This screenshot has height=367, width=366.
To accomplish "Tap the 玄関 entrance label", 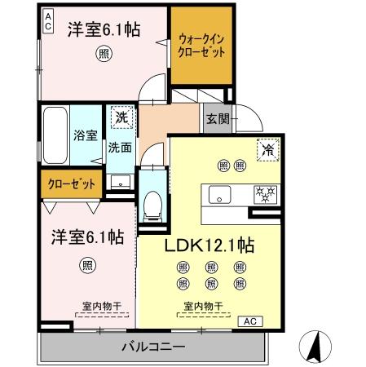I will click(216, 120).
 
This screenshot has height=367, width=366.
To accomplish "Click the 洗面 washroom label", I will click(120, 148).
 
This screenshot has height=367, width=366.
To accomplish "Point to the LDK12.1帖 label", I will click(211, 245).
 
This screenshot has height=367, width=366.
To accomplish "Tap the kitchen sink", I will click(219, 196).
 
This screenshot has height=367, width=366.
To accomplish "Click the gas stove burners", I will click(266, 195).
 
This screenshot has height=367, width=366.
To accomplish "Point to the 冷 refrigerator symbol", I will click(267, 149).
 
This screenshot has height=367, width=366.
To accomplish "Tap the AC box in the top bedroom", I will click(48, 21).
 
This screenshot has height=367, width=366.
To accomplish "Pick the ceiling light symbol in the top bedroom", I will click(104, 54).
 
